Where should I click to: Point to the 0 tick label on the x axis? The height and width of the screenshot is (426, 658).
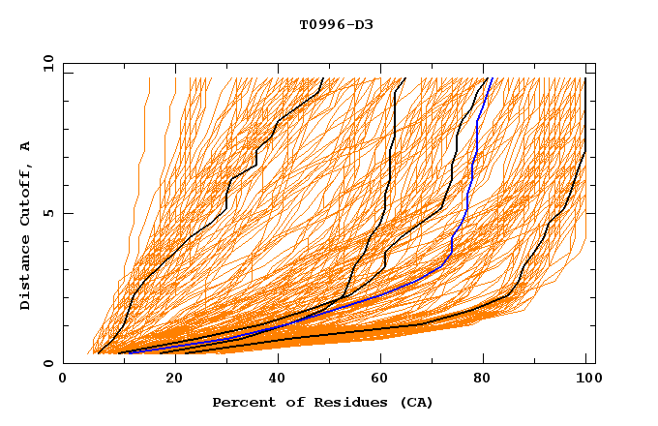click(x=63, y=380)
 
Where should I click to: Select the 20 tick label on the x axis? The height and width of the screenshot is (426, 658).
click(x=168, y=380)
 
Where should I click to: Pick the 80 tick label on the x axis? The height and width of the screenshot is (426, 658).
click(x=482, y=380)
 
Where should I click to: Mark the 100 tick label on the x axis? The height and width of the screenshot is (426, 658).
click(x=585, y=380)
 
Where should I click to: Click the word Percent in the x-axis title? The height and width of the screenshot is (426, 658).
click(x=242, y=402)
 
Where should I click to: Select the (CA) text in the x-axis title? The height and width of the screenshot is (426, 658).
click(x=415, y=402)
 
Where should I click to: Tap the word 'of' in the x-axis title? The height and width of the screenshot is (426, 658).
click(x=288, y=402)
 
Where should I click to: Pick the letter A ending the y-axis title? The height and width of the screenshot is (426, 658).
click(x=25, y=146)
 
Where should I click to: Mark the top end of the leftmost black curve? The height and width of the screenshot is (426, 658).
click(x=322, y=78)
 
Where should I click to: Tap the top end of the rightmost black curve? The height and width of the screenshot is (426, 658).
click(x=584, y=78)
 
